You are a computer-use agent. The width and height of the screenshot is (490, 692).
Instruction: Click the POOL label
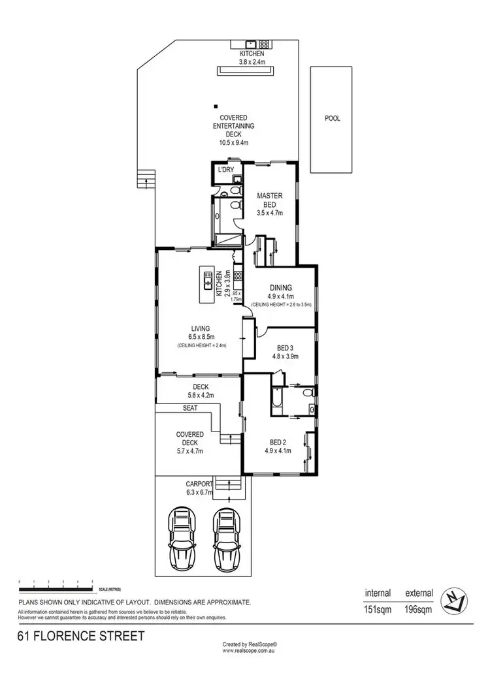coord(333,119)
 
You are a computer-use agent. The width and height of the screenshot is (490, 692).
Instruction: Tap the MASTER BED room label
coord(269,200)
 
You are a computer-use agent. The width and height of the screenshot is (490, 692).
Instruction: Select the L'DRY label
coord(226,170)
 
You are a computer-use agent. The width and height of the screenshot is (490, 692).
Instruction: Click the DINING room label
coord(280,287)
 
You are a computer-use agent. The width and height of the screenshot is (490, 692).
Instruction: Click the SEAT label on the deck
coord(191,408)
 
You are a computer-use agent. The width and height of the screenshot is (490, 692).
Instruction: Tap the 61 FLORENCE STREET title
coord(81,635)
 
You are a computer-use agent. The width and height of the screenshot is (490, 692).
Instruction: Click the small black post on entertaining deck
coord(215,106)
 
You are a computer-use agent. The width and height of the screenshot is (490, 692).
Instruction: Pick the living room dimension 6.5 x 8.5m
coord(201,337)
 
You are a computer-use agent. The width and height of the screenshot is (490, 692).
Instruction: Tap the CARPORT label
coord(200,484)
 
